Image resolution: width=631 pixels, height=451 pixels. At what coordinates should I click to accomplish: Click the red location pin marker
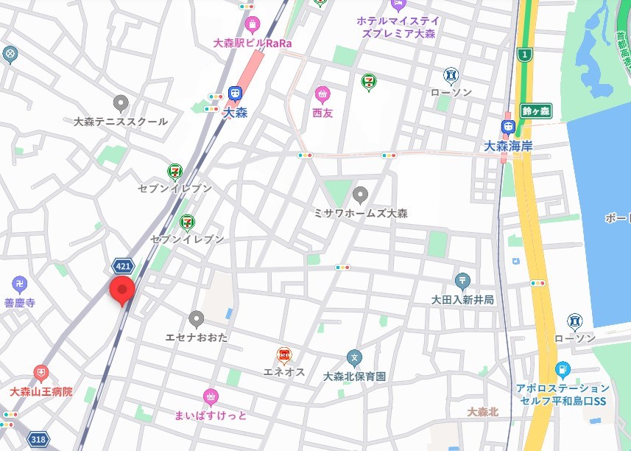121,290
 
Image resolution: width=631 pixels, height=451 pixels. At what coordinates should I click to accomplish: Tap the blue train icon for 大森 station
235,94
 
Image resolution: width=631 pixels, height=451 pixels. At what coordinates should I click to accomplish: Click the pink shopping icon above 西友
322,95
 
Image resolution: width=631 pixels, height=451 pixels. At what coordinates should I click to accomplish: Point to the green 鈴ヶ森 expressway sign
536,111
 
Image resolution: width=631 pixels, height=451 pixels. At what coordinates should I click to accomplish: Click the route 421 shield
123,265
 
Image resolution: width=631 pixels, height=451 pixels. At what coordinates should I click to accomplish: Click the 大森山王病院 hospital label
41,391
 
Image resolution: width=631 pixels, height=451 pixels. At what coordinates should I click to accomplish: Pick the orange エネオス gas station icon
283,355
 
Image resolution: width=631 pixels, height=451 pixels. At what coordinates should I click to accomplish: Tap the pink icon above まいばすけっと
211,396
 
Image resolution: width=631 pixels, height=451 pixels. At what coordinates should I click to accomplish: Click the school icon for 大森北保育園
354,359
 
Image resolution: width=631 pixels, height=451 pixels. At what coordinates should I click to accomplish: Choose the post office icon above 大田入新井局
462,281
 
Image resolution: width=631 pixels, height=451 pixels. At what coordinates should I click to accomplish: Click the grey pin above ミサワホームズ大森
360,195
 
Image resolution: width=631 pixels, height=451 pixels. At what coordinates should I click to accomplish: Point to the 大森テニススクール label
121,122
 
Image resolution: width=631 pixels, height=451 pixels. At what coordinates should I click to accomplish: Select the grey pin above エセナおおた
196,319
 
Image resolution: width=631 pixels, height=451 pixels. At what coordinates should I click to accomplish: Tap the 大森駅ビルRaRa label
253,43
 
